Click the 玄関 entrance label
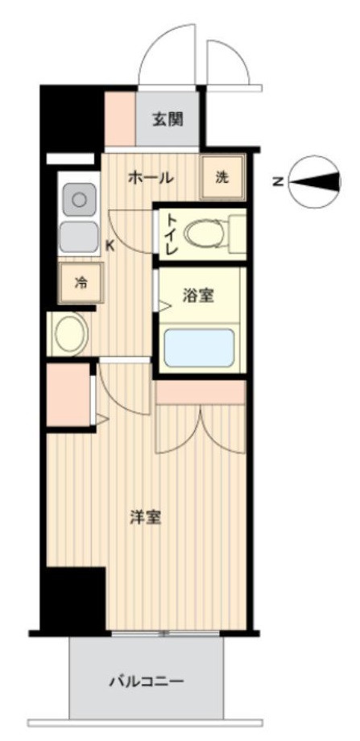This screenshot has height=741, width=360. click(168, 120)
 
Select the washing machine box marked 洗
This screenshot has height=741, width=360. click(222, 178)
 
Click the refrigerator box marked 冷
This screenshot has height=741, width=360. click(81, 283)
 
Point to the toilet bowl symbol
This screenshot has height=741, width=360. click(205, 234)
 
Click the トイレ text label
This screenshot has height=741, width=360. click(171, 234)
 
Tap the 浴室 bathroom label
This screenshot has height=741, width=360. click(198, 296)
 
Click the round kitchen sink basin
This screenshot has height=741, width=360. click(79, 197)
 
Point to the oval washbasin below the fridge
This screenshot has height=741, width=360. click(70, 333)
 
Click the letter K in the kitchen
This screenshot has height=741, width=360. click(110, 246)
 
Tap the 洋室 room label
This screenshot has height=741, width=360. click(146, 518)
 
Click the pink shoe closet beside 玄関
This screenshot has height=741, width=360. click(119, 120)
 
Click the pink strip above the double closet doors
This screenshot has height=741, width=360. click(201, 391)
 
